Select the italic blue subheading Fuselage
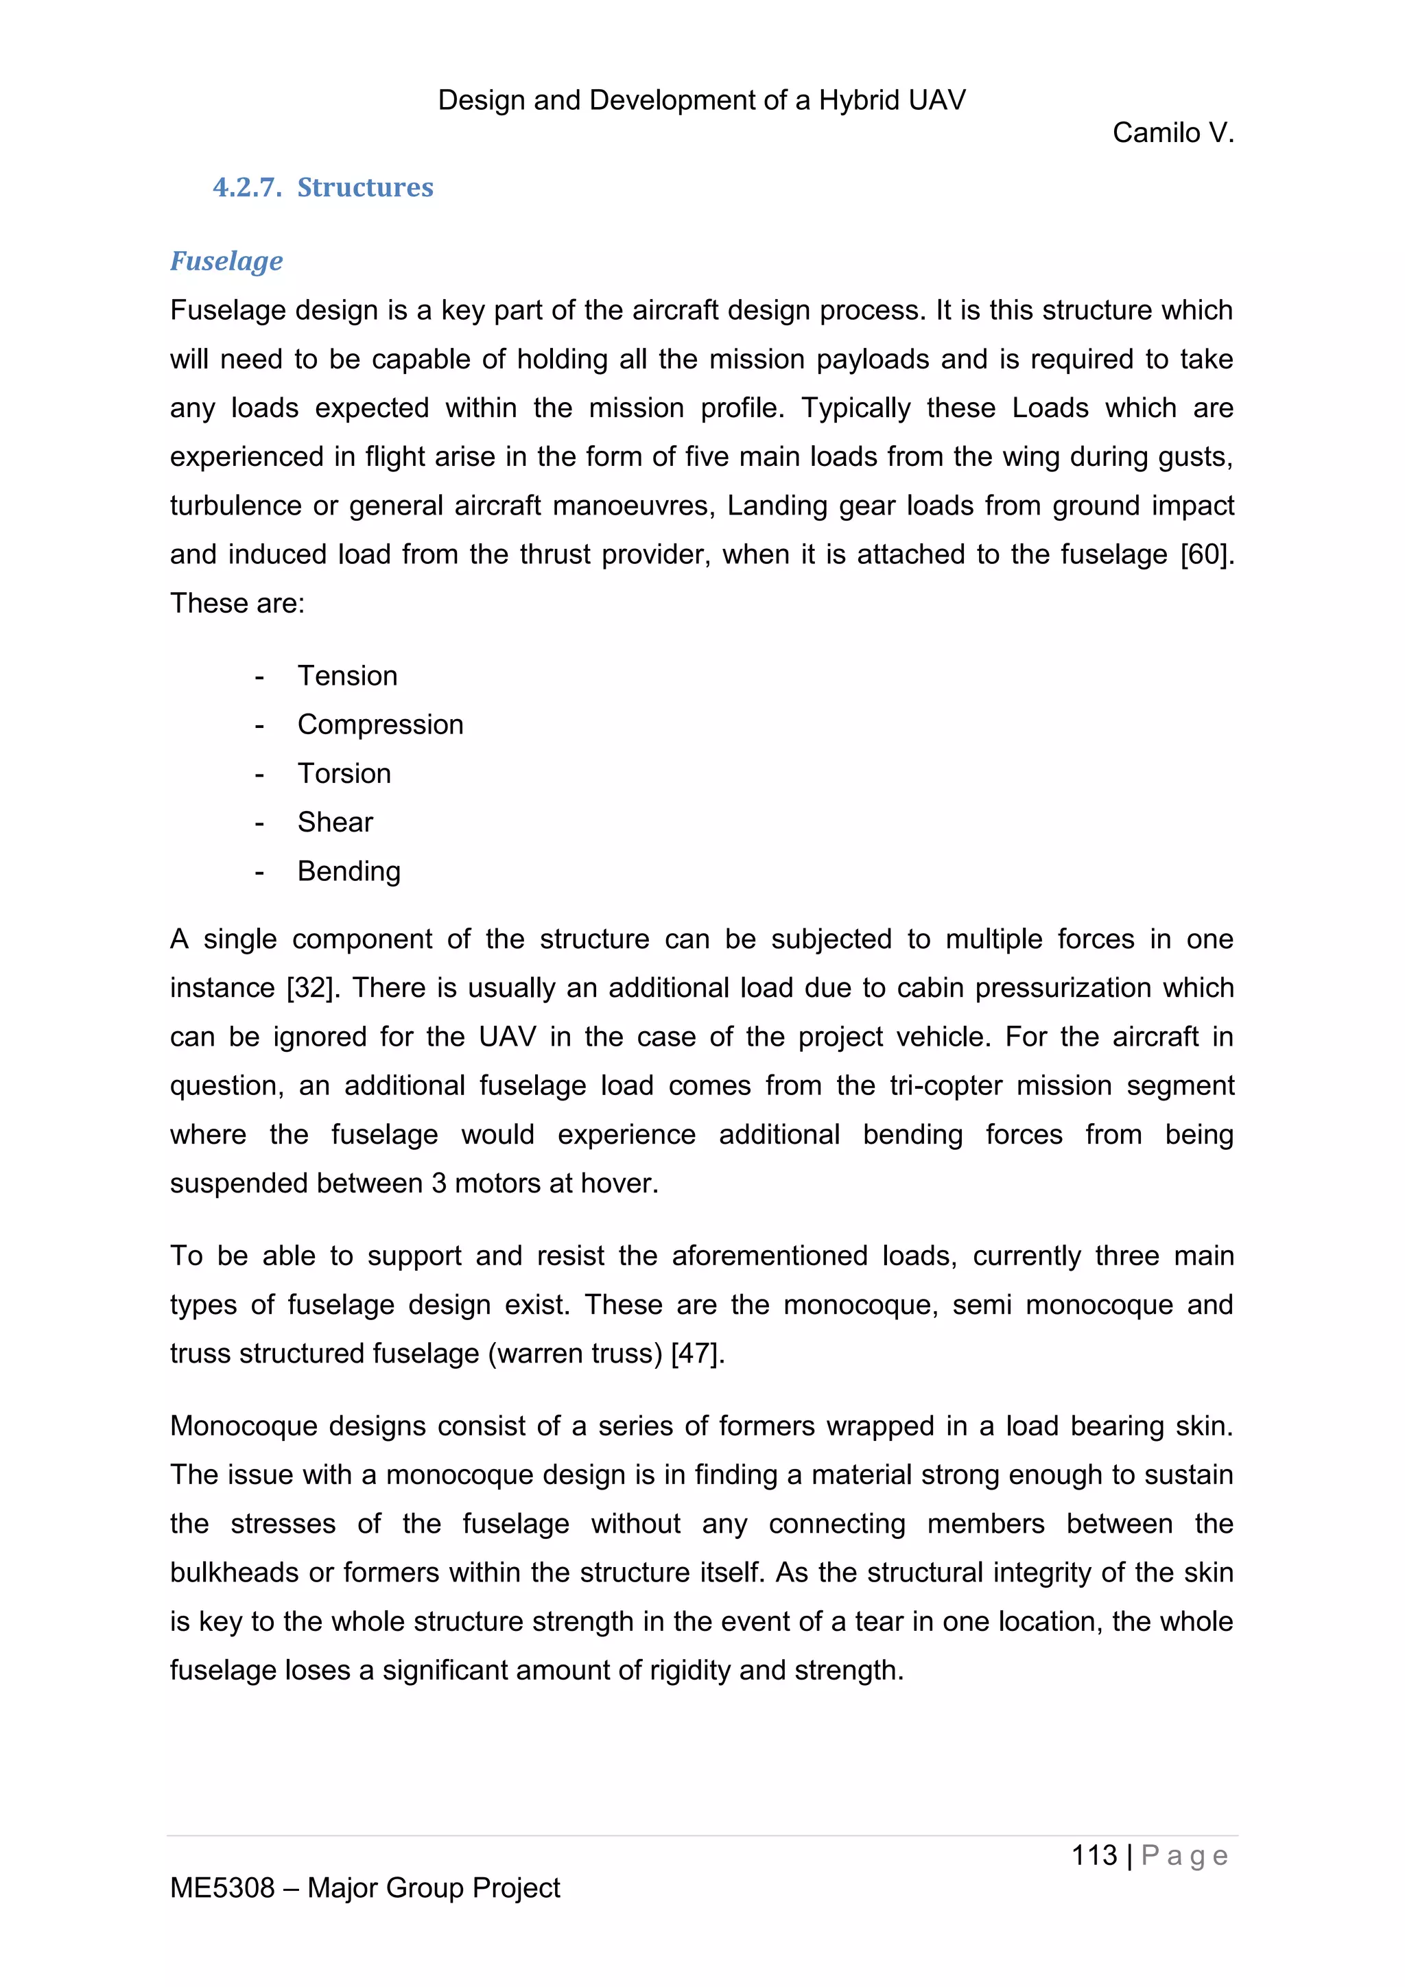point(226,261)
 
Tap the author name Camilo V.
point(1172,132)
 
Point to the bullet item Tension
point(347,675)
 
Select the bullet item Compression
point(380,725)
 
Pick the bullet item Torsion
point(344,773)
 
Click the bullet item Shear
point(335,821)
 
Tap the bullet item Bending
point(349,871)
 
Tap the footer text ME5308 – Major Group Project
point(364,1888)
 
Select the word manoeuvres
point(633,506)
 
